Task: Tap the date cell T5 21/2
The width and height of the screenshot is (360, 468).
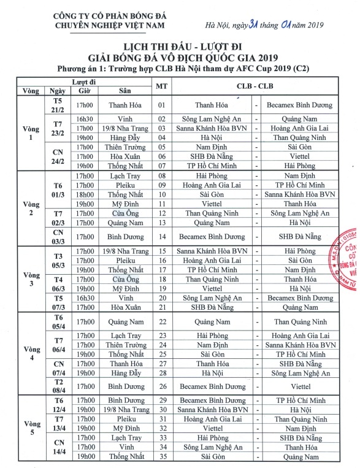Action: point(58,105)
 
